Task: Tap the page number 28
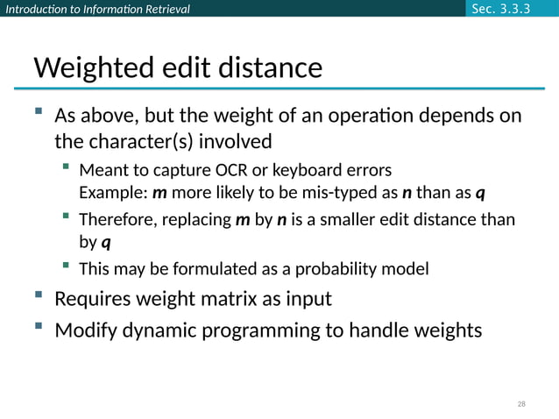pos(521,404)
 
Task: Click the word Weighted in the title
pos(89,67)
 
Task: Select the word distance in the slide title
pos(270,67)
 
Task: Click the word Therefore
pos(117,219)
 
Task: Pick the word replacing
pos(197,219)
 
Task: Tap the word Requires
pos(94,299)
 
